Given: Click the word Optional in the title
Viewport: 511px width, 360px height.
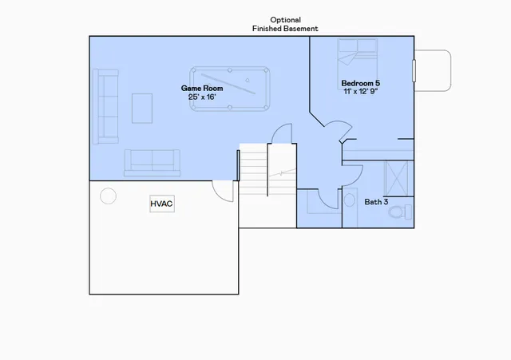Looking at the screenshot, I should click(x=285, y=19).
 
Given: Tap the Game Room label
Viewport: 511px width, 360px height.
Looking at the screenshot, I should click(x=201, y=88).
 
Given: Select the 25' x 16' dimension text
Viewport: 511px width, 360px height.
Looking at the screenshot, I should click(x=201, y=97).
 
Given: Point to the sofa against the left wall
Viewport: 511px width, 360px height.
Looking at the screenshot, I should click(x=105, y=107).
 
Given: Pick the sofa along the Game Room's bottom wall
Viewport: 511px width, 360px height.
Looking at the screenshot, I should click(x=153, y=163).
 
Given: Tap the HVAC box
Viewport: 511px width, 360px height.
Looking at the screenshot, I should click(x=162, y=204).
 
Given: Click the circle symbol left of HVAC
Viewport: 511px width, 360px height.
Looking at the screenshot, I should click(x=107, y=196).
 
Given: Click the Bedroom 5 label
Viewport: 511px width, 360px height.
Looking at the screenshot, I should click(x=361, y=83).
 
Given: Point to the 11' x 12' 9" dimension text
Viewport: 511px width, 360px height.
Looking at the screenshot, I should click(x=361, y=92).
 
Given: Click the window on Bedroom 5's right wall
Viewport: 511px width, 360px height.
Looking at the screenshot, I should click(x=414, y=69).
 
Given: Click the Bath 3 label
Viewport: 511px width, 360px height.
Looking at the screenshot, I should click(x=376, y=202).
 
